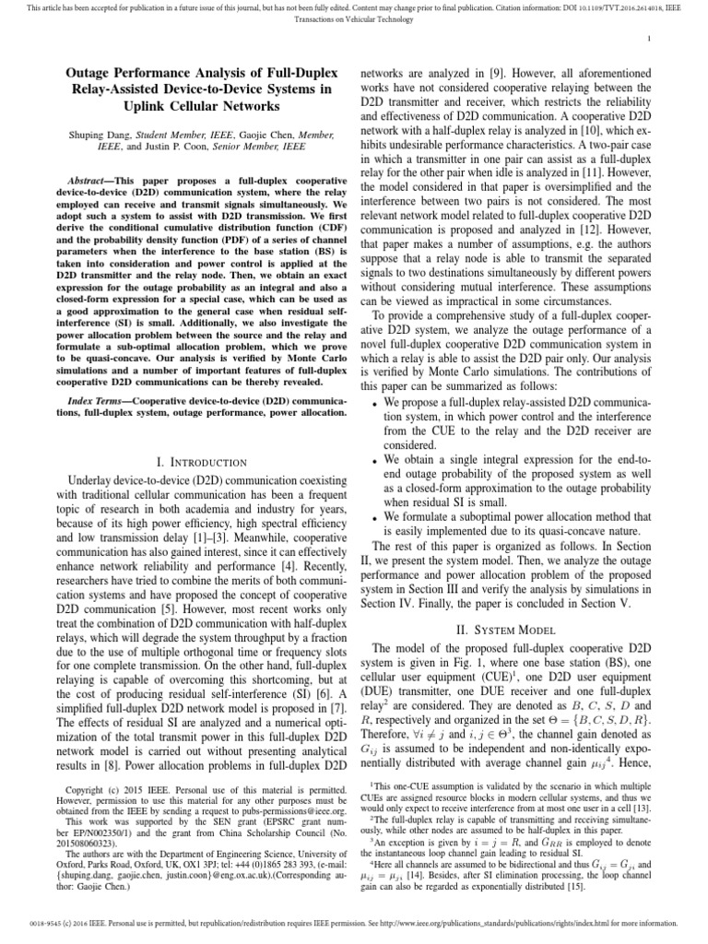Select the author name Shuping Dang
pos(95,134)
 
